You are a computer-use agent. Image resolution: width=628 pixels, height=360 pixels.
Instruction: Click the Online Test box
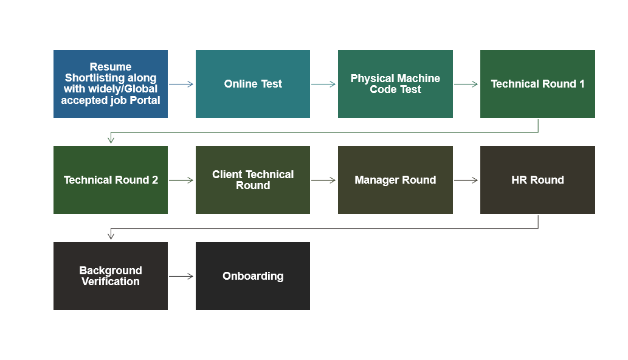(253, 84)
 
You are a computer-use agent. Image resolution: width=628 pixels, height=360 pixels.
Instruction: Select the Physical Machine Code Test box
(395, 84)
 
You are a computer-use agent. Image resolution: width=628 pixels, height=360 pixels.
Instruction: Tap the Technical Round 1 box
(537, 84)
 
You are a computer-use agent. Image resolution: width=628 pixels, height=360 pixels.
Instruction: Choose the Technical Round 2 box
(111, 180)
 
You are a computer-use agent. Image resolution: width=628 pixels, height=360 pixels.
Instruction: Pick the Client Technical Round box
(253, 180)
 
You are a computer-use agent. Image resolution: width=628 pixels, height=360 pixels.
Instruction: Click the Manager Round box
(395, 180)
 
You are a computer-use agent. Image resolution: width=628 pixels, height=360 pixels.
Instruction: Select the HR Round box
(537, 180)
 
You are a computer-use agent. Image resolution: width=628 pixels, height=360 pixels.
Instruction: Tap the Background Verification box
(111, 276)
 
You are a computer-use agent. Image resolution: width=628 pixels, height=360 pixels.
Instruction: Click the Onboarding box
(253, 276)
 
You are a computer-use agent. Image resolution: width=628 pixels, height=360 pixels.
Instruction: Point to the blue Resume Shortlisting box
(111, 84)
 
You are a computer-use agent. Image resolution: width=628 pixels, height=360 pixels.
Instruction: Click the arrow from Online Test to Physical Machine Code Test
(323, 84)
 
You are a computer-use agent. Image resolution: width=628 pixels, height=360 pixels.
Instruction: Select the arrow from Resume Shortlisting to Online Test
(181, 84)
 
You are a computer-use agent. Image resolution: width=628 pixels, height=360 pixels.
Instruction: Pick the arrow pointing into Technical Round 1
(466, 84)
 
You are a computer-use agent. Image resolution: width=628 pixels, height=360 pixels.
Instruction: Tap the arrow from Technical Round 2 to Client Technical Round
(181, 180)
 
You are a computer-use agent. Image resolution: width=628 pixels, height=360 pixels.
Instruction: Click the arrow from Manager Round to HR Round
(466, 180)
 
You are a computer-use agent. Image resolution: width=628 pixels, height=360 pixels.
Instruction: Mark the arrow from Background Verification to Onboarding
(181, 276)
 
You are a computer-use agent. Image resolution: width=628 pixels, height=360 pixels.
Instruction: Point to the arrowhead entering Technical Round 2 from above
(111, 140)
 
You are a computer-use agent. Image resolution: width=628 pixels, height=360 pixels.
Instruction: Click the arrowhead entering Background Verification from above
(111, 237)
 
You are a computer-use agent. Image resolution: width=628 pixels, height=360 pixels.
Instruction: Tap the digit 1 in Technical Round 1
(582, 84)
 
